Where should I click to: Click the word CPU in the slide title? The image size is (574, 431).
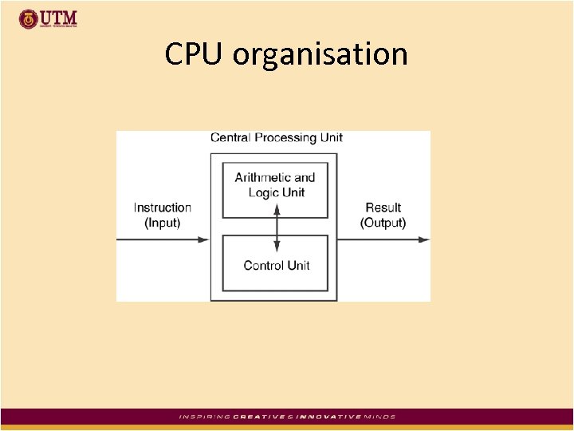pyautogui.click(x=195, y=54)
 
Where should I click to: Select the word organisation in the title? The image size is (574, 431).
pyautogui.click(x=320, y=55)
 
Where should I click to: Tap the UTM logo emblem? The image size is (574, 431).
pyautogui.click(x=28, y=18)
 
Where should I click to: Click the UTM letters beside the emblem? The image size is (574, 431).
pyautogui.click(x=59, y=17)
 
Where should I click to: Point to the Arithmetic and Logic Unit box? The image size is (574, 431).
pyautogui.click(x=276, y=190)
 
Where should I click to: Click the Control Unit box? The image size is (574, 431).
pyautogui.click(x=276, y=263)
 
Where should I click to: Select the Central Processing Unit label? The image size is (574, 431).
pyautogui.click(x=276, y=137)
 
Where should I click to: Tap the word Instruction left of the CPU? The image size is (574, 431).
pyautogui.click(x=163, y=208)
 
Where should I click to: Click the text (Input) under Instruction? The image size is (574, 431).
pyautogui.click(x=163, y=223)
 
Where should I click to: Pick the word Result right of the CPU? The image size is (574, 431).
pyautogui.click(x=383, y=208)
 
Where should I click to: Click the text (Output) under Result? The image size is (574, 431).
pyautogui.click(x=383, y=223)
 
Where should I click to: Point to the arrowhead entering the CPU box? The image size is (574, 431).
pyautogui.click(x=204, y=239)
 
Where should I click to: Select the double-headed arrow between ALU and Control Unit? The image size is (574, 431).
pyautogui.click(x=276, y=226)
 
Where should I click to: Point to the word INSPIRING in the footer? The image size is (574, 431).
pyautogui.click(x=204, y=417)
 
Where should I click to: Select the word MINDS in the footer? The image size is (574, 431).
pyautogui.click(x=380, y=417)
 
